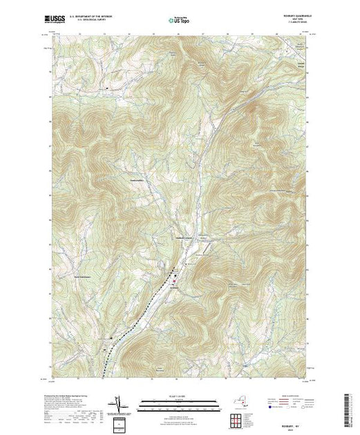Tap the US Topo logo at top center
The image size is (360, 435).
point(180,20)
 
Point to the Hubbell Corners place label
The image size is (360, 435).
point(183,239)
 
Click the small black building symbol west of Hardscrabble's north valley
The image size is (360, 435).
point(107,88)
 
